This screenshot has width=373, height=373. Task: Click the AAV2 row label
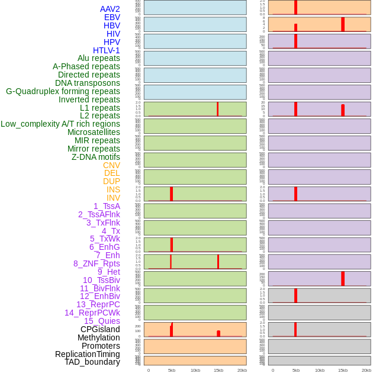[x=110, y=9]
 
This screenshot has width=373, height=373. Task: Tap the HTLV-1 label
[x=106, y=50]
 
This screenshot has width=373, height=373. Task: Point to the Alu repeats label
[x=98, y=58]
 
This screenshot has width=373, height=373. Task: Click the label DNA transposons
[x=87, y=83]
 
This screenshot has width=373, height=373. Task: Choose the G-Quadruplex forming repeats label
[x=63, y=91]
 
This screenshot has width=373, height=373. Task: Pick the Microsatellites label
[x=94, y=132]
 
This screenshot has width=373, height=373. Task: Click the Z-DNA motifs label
[x=95, y=157]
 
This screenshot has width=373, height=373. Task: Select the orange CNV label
[x=111, y=165]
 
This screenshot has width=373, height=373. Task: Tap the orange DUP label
[x=111, y=181]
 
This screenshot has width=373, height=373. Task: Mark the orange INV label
[x=113, y=198]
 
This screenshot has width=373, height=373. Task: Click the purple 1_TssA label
[x=107, y=206]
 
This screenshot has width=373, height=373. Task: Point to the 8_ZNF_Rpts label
[x=97, y=263]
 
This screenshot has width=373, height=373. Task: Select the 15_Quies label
[x=102, y=321]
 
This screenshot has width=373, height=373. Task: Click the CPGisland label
[x=100, y=329]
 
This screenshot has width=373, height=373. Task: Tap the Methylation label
[x=98, y=337]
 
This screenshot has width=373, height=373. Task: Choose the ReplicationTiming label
[x=87, y=354]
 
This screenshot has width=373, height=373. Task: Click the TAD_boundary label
[x=92, y=362]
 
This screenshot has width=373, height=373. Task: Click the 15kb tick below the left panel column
[x=218, y=370]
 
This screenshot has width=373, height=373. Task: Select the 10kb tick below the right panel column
[x=320, y=370]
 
